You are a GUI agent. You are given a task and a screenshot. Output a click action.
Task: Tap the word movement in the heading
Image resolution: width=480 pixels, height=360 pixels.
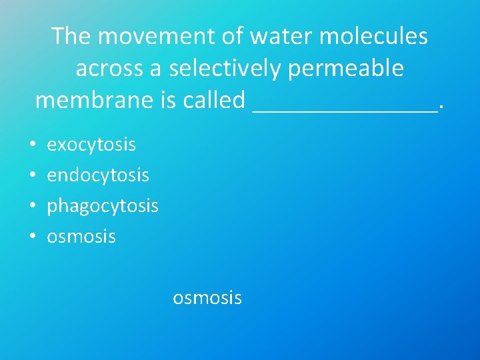157,36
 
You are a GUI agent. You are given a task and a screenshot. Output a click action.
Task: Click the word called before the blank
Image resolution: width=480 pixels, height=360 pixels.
213,100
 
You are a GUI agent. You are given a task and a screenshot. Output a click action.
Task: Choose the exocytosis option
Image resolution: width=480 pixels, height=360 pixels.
91,145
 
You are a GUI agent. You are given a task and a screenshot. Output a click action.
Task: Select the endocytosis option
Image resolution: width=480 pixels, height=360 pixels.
98,175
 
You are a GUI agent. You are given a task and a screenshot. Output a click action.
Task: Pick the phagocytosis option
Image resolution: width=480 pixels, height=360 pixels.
103,206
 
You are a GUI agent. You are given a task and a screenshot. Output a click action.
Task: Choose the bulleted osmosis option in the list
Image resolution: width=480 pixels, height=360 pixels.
81,237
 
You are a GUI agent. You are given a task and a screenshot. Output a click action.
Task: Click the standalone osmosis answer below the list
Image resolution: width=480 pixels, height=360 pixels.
207,298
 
